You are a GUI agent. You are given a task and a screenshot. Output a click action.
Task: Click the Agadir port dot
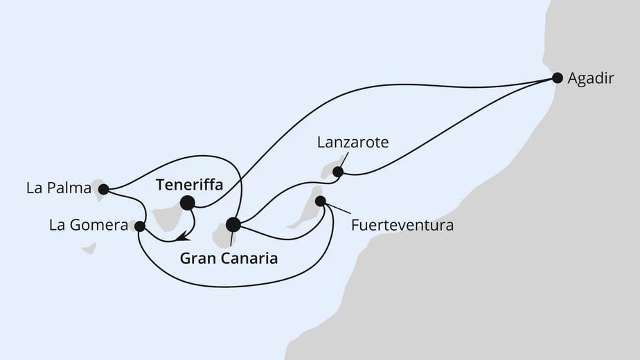point(557,78)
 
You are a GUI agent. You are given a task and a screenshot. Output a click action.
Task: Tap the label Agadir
point(591,79)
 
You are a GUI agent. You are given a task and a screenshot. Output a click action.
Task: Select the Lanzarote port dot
point(338,172)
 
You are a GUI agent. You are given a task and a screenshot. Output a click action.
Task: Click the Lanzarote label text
point(353,143)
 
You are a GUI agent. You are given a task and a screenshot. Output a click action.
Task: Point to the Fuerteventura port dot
point(321,201)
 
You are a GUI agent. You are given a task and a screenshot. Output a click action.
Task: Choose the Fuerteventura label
point(402,226)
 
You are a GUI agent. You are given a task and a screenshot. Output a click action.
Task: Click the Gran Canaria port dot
point(233,224)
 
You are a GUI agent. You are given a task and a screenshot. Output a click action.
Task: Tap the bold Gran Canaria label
point(229,259)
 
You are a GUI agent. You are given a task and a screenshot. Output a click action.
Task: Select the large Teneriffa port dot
point(187,203)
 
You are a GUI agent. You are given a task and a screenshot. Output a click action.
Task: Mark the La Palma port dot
point(103,188)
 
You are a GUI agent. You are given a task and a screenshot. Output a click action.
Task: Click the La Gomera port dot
point(139,226)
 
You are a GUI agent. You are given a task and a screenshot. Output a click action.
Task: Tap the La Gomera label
point(88,226)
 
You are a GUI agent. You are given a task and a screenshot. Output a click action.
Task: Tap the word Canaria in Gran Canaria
point(251,259)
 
